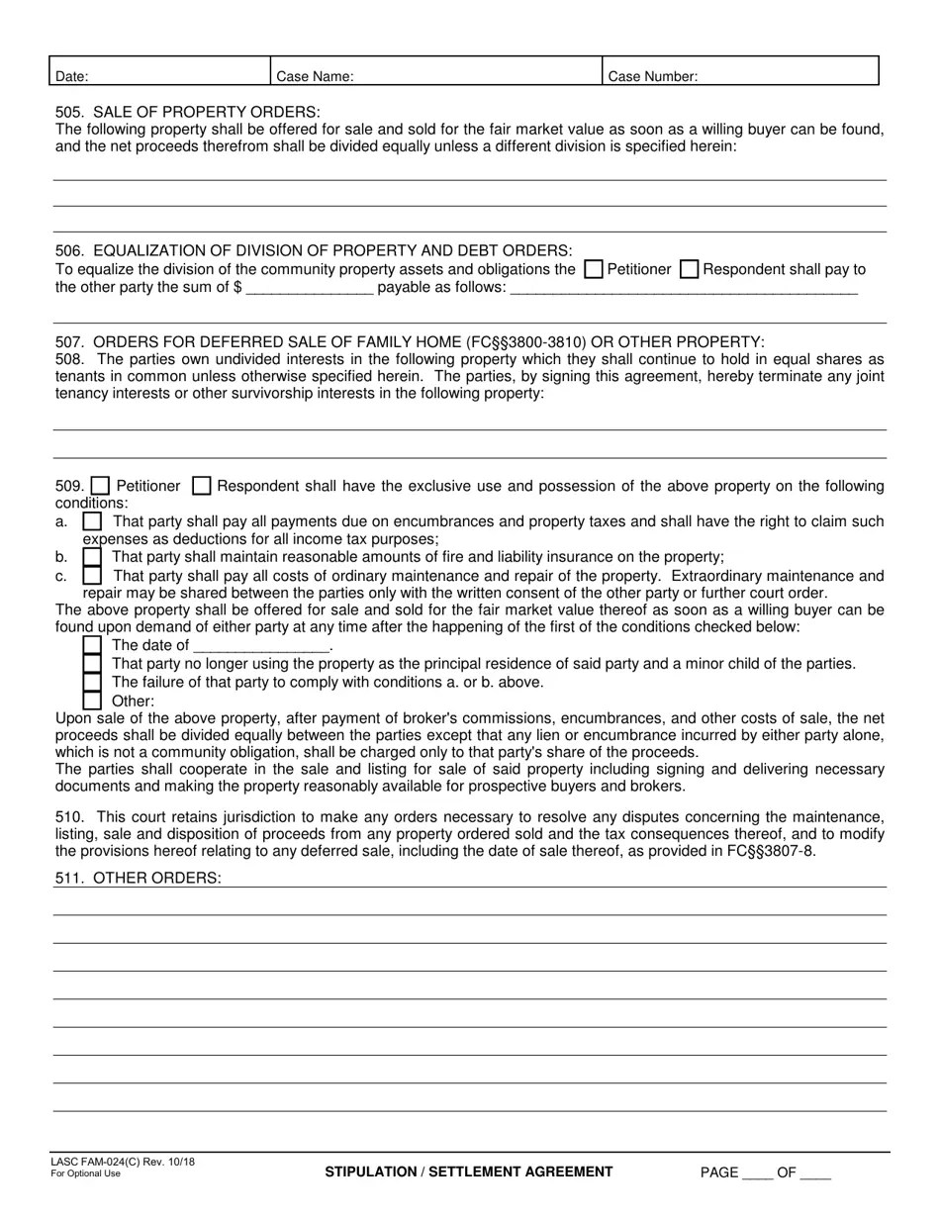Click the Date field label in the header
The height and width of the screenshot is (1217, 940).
tap(72, 76)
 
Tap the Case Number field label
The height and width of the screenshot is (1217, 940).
tap(652, 76)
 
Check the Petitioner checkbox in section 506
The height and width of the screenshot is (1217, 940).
tap(594, 269)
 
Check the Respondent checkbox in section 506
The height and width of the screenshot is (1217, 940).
tap(691, 269)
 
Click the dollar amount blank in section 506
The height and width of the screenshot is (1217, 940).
tap(309, 288)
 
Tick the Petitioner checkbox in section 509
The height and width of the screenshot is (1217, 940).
tap(100, 486)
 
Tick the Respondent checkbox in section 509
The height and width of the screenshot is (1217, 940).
tap(201, 486)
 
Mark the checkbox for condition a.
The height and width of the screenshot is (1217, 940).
tap(92, 520)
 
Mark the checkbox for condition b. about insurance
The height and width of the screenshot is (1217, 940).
tap(92, 557)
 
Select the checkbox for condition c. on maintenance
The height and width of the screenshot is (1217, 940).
tap(92, 575)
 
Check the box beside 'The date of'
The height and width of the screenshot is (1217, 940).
tap(92, 645)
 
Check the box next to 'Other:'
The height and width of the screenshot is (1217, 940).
tap(92, 701)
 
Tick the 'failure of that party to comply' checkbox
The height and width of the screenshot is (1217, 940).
tap(92, 682)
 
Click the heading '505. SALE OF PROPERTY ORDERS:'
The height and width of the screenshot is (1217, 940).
tap(188, 112)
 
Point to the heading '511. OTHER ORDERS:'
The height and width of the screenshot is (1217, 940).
tap(139, 879)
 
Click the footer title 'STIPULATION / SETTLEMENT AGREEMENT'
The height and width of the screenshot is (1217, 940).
tap(469, 1171)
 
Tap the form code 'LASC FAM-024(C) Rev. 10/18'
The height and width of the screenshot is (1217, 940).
tap(123, 1162)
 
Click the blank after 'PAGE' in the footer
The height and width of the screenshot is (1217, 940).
tap(757, 1173)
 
